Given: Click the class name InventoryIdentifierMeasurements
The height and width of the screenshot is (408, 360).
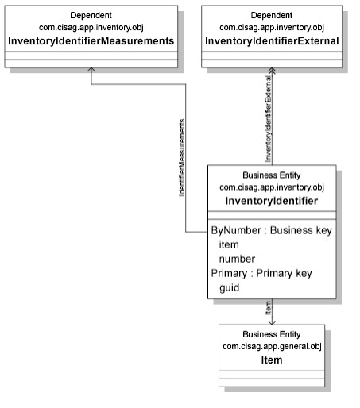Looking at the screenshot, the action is coord(91,41).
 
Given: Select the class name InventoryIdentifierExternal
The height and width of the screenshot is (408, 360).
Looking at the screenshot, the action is coord(272,41).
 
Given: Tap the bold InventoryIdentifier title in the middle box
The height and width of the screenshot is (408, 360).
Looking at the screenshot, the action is coord(272,201).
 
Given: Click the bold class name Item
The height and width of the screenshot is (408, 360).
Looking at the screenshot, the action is coord(272,360).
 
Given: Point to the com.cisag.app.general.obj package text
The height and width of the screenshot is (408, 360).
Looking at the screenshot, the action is coord(272,346).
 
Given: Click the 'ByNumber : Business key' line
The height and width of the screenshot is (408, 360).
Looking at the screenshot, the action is coord(272,230).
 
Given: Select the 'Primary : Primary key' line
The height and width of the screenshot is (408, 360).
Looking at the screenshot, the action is coord(261,273).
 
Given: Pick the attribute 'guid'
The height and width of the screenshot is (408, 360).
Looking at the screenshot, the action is coord(230,288).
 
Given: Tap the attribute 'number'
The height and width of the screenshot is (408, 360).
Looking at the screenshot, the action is coord(237,259).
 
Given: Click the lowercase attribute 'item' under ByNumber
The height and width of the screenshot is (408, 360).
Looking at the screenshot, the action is coord(229,244).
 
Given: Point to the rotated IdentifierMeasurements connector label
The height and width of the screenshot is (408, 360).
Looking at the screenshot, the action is coord(182,158).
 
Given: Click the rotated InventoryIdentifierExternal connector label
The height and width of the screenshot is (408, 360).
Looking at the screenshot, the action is coord(269,119).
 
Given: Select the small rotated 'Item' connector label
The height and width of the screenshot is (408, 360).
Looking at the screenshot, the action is coord(269,308).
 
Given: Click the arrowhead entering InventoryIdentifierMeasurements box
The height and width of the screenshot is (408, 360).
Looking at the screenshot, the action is coord(91,69).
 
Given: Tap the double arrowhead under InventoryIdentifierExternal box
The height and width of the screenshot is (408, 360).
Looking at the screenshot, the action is coord(272,71).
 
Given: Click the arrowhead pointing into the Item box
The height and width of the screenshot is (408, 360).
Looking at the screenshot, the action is coord(272,323).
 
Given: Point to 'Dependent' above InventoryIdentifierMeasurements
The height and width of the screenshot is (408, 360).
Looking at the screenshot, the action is coord(91,15).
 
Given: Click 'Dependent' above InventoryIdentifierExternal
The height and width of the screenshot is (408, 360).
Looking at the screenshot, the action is coord(272,15).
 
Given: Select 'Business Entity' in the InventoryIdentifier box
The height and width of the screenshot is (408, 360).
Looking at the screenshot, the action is coord(272,175).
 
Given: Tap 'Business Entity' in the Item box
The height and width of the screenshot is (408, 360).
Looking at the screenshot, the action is coord(272,334).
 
